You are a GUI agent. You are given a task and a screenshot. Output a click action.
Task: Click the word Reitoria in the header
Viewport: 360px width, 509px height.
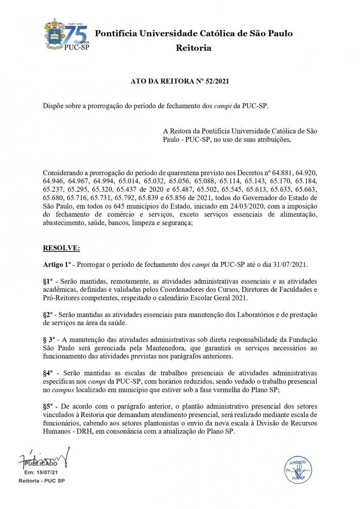click(193, 48)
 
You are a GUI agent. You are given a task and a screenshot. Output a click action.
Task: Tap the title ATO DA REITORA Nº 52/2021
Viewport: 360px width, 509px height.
click(180, 81)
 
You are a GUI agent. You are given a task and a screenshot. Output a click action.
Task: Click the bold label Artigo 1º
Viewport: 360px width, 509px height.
click(56, 264)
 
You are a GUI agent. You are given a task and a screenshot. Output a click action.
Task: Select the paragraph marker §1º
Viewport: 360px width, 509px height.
click(49, 281)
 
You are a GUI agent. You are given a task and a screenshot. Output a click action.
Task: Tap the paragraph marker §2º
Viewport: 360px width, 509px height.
click(49, 315)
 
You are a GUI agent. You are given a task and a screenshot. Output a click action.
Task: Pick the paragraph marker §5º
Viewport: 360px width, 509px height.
click(49, 406)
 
